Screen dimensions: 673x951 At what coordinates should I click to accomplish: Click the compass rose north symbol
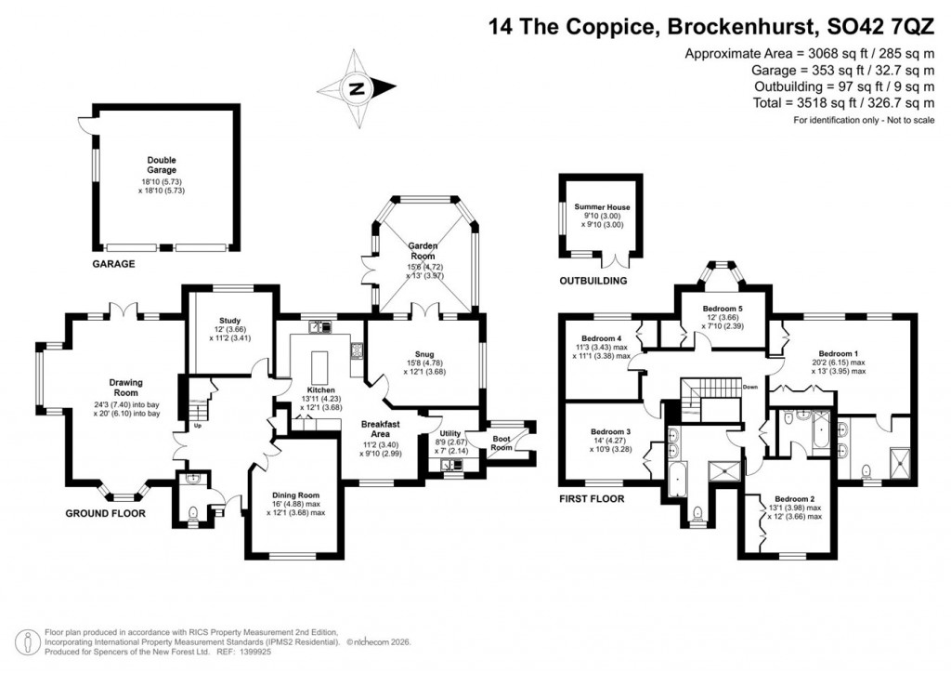coord(356,90)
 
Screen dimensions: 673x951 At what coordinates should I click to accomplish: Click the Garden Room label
coord(423,246)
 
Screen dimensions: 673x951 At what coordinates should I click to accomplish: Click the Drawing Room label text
coord(125,383)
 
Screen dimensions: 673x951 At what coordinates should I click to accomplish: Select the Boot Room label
coord(502,442)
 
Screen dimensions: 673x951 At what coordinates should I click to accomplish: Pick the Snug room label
coord(424,353)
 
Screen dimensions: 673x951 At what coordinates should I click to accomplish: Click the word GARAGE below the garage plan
coord(112,264)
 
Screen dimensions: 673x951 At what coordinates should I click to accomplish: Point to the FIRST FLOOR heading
coord(592,499)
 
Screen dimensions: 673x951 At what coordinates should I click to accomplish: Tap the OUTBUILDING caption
coord(593,281)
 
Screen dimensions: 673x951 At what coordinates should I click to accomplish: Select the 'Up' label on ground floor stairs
coord(197,427)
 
